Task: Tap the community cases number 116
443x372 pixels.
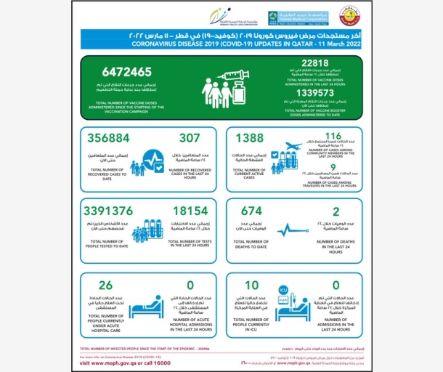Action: [x=334, y=136]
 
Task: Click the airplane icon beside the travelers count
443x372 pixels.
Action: [x=295, y=149]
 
